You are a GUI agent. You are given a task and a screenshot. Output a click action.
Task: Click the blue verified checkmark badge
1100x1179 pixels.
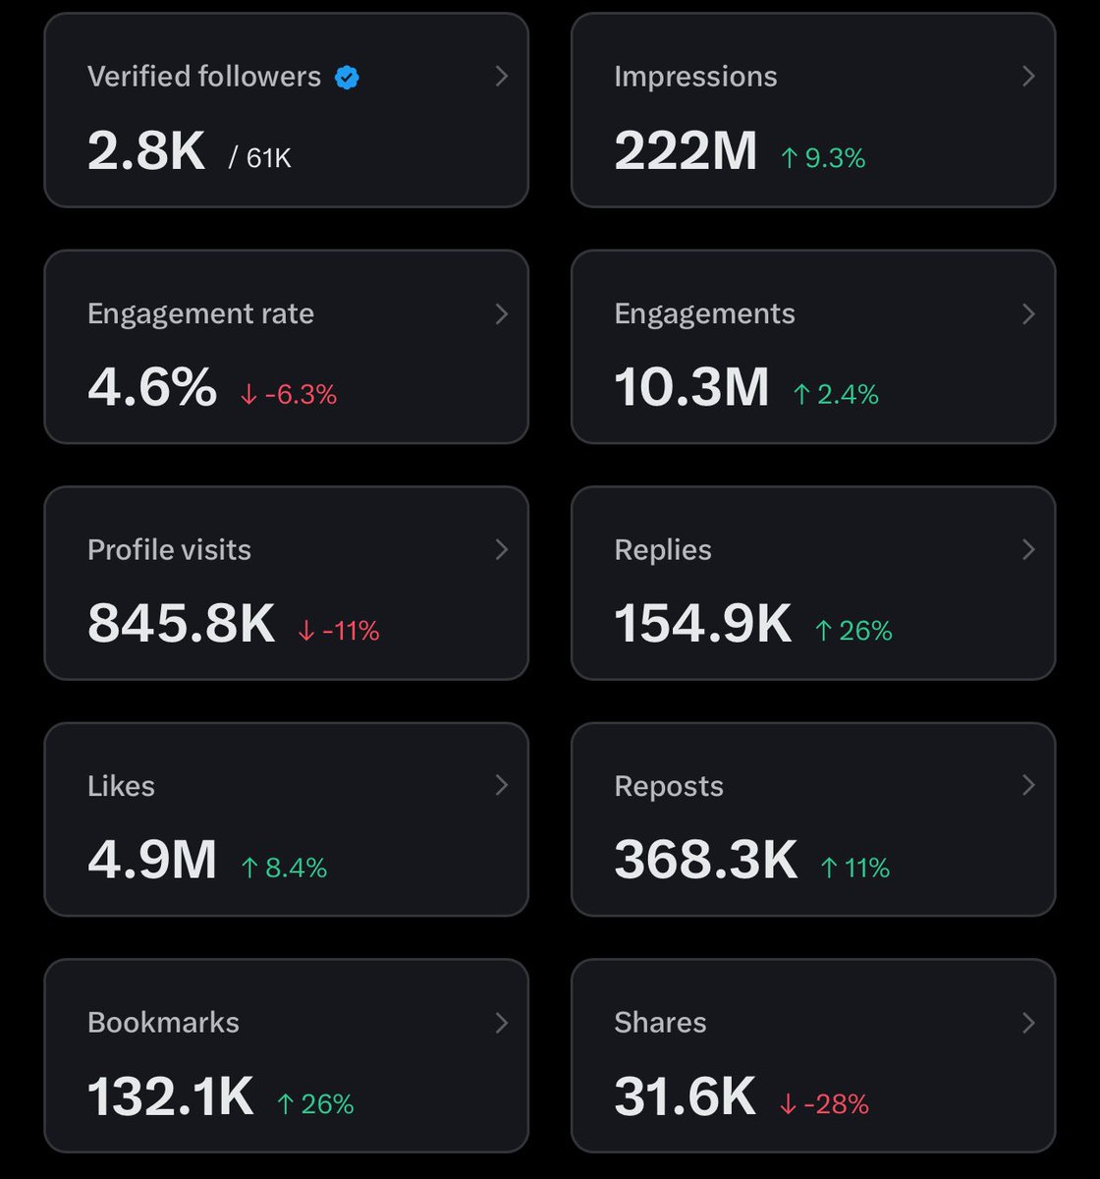347,77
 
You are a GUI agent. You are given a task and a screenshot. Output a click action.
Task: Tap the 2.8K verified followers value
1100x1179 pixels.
146,151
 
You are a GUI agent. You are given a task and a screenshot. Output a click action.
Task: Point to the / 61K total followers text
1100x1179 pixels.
260,157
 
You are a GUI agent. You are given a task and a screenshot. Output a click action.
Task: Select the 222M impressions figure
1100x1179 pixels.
686,151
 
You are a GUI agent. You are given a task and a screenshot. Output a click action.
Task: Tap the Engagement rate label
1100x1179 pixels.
200,313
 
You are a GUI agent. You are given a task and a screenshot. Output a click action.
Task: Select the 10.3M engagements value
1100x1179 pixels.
691,387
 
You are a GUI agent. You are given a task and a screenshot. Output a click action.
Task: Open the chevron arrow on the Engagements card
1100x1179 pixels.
1028,313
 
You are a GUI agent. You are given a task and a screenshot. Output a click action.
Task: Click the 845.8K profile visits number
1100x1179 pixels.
182,623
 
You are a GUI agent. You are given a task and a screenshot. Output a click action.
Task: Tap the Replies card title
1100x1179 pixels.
663,549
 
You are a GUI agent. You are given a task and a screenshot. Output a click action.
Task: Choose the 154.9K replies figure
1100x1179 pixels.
703,623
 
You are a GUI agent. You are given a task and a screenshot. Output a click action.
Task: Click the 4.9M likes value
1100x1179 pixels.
152,860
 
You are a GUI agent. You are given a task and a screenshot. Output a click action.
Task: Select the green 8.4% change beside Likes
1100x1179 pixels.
285,867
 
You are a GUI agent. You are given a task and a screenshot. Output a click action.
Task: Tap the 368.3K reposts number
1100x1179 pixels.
706,860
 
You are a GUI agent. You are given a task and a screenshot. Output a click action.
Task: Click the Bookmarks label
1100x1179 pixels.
163,1022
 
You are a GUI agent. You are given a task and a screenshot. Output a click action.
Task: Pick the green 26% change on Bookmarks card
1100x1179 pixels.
315,1103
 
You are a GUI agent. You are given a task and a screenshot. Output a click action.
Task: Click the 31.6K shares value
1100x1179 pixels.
686,1096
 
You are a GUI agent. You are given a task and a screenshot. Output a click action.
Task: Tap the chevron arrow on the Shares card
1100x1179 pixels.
1028,1022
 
